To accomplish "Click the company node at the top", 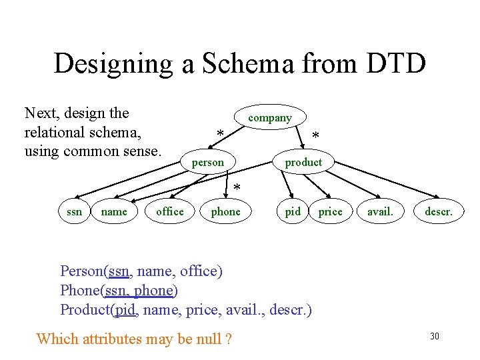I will click(x=270, y=118).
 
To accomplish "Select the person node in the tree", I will click(x=208, y=163).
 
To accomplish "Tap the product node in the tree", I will click(x=303, y=163).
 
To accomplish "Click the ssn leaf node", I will click(x=75, y=212).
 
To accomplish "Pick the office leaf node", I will click(x=169, y=212).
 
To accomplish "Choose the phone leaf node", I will click(x=225, y=212).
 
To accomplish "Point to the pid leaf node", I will click(x=293, y=212).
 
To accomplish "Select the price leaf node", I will click(x=330, y=212).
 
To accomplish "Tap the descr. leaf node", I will click(x=438, y=212).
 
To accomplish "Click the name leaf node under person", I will click(x=113, y=212).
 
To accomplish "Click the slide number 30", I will click(x=435, y=336).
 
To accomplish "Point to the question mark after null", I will click(x=229, y=339).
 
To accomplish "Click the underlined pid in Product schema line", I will click(x=125, y=310).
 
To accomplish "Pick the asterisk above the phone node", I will click(x=237, y=189).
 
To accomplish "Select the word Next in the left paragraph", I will click(x=39, y=113).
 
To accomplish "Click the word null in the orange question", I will click(x=209, y=339).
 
